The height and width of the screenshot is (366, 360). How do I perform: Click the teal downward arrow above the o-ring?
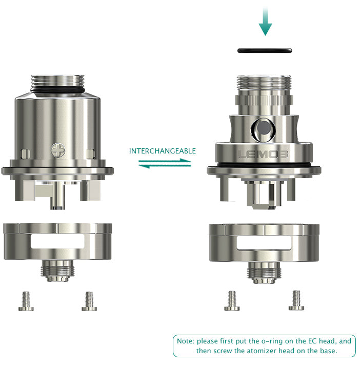(265, 22)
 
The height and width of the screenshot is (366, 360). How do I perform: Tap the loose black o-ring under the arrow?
(265, 50)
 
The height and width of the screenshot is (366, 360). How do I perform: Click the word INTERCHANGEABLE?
(162, 151)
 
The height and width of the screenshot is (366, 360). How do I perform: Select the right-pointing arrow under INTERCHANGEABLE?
(165, 161)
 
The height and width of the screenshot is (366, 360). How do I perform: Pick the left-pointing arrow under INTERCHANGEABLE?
(165, 166)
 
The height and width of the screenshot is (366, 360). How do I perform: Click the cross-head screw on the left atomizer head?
(58, 150)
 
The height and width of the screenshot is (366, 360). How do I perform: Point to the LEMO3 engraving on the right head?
(263, 154)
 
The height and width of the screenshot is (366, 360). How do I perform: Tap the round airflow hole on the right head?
(264, 129)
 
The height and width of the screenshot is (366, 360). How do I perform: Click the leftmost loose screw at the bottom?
(26, 301)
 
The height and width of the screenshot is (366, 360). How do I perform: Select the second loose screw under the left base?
(89, 301)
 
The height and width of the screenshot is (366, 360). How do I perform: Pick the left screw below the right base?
(232, 301)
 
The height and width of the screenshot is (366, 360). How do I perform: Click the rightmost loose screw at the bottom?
(296, 300)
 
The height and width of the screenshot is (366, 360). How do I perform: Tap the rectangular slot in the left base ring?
(57, 241)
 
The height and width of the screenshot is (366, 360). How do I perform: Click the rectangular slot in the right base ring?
(264, 243)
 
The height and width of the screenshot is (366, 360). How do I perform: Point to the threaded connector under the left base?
(57, 271)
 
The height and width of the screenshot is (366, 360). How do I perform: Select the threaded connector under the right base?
(264, 273)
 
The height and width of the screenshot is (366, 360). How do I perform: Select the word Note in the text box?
(185, 341)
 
